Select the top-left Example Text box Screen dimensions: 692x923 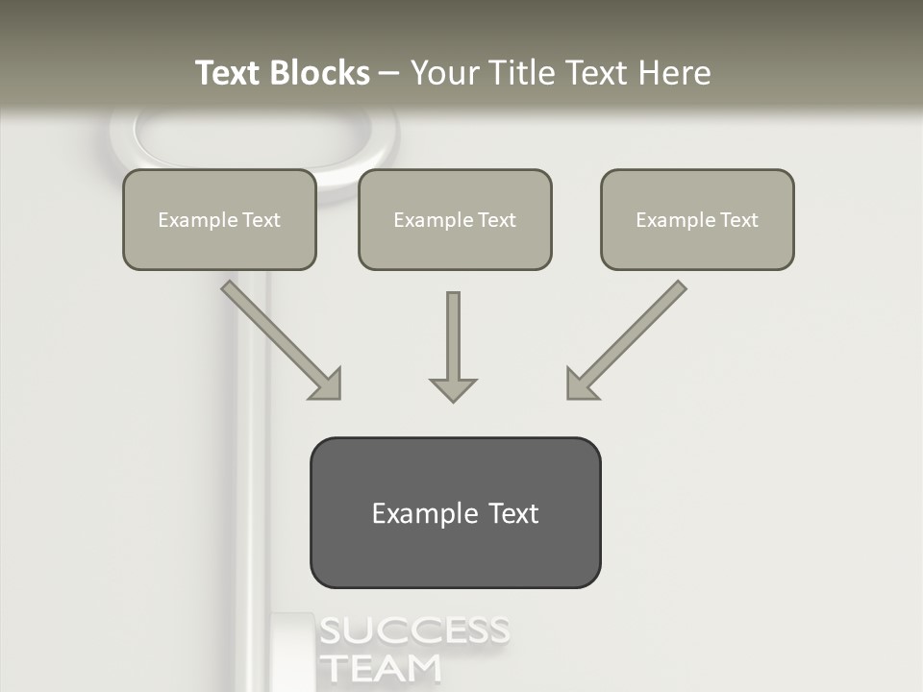219,220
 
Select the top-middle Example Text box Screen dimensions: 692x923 455,220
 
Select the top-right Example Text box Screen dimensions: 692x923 697,220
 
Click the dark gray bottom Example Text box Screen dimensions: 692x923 455,512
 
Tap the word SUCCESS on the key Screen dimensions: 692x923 413,632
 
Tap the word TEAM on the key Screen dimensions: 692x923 380,668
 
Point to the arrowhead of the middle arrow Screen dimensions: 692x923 453,388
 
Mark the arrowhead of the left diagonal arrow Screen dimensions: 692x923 327,384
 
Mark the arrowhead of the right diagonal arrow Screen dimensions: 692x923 580,384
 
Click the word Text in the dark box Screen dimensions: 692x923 514,513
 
